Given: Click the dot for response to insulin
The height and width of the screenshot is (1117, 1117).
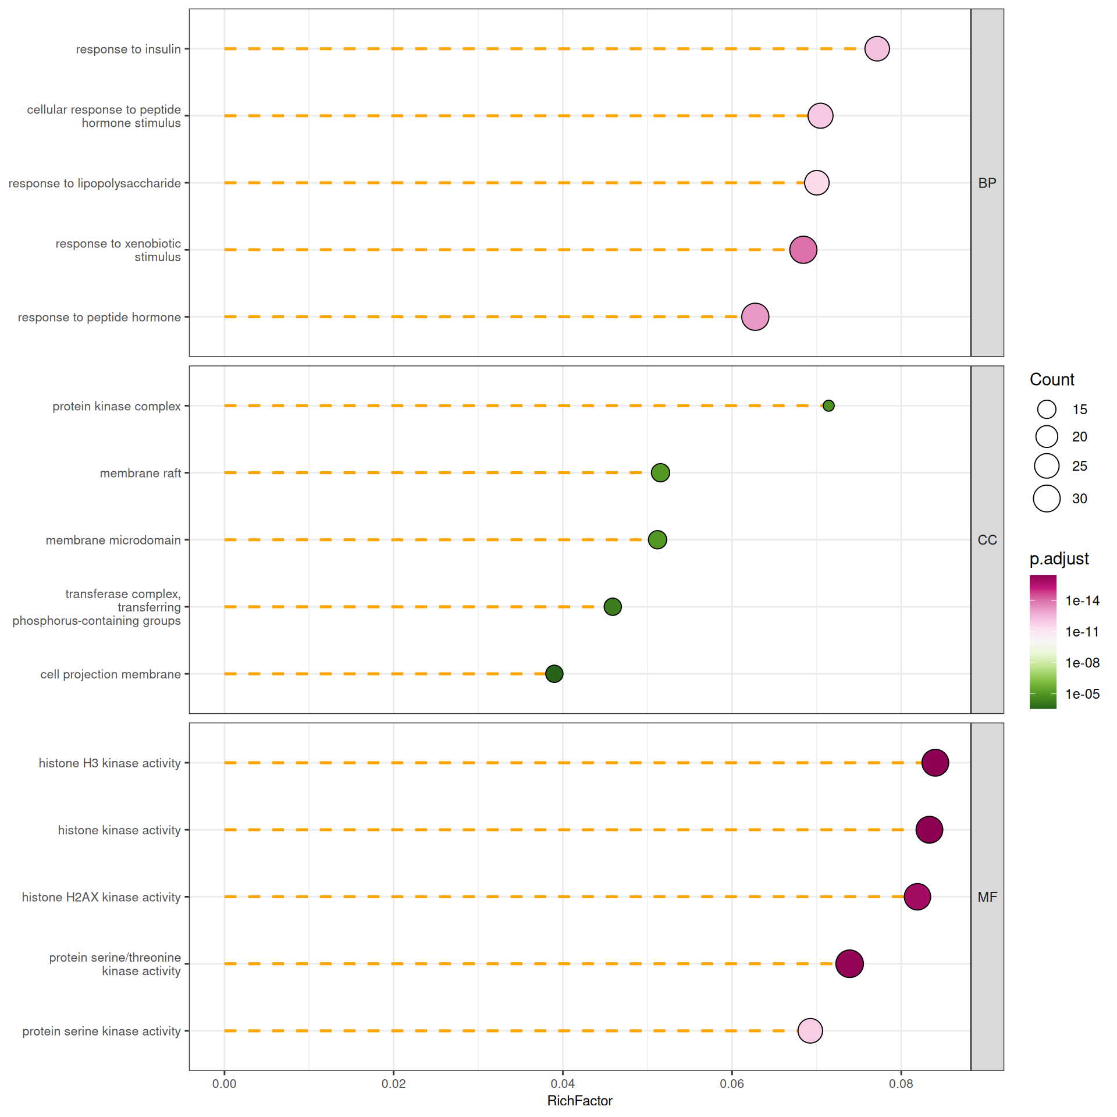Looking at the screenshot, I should (877, 49).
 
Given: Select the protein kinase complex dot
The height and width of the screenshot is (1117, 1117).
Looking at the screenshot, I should (828, 405).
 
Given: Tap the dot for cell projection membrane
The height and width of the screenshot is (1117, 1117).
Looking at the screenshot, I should (554, 674).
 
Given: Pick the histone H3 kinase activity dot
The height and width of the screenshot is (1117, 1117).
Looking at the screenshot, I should (935, 763).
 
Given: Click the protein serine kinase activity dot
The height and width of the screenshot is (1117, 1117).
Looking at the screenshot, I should (810, 1031).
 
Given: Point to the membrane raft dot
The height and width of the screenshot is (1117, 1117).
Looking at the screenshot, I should (660, 472).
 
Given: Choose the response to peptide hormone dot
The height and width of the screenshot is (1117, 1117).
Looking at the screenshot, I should (755, 317).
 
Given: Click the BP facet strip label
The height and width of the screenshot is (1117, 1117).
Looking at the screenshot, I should (987, 183).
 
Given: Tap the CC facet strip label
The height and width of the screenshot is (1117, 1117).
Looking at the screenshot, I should (987, 540).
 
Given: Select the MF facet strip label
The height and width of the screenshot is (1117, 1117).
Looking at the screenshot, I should (987, 897).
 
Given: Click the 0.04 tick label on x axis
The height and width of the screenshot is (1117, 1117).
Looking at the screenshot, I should (563, 1084).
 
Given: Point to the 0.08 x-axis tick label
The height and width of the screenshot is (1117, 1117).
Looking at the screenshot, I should (901, 1084).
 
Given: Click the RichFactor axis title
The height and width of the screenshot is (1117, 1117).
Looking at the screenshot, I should (579, 1101).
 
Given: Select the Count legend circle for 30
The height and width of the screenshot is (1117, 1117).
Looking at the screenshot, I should (1047, 499).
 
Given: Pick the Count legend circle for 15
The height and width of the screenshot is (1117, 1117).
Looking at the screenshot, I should (1047, 410).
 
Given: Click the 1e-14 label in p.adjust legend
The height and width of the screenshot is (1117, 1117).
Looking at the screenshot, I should (1082, 601).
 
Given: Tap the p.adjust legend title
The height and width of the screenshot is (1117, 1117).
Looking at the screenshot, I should (1059, 559).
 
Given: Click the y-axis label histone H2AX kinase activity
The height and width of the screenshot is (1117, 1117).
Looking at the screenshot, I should (101, 897).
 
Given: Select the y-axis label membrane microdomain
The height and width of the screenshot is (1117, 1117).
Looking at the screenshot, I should (113, 540).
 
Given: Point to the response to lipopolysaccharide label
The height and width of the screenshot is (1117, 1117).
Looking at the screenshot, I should (95, 183).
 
